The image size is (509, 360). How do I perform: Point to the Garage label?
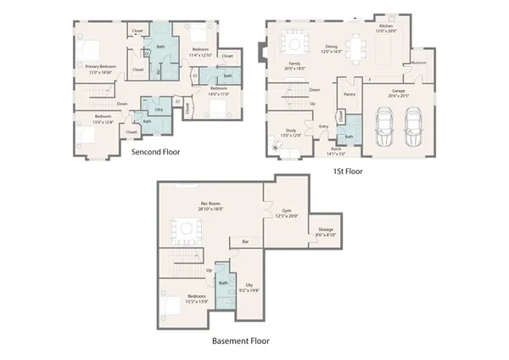pyautogui.click(x=398, y=93)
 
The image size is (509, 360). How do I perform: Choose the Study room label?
pyautogui.click(x=292, y=132)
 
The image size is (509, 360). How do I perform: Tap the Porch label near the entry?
pyautogui.click(x=337, y=152)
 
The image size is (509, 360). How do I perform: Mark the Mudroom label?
pyautogui.click(x=418, y=62)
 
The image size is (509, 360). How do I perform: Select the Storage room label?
pyautogui.click(x=326, y=230)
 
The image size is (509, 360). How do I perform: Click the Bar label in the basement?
pyautogui.click(x=246, y=242)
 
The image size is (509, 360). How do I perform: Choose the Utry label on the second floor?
pyautogui.click(x=159, y=110)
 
